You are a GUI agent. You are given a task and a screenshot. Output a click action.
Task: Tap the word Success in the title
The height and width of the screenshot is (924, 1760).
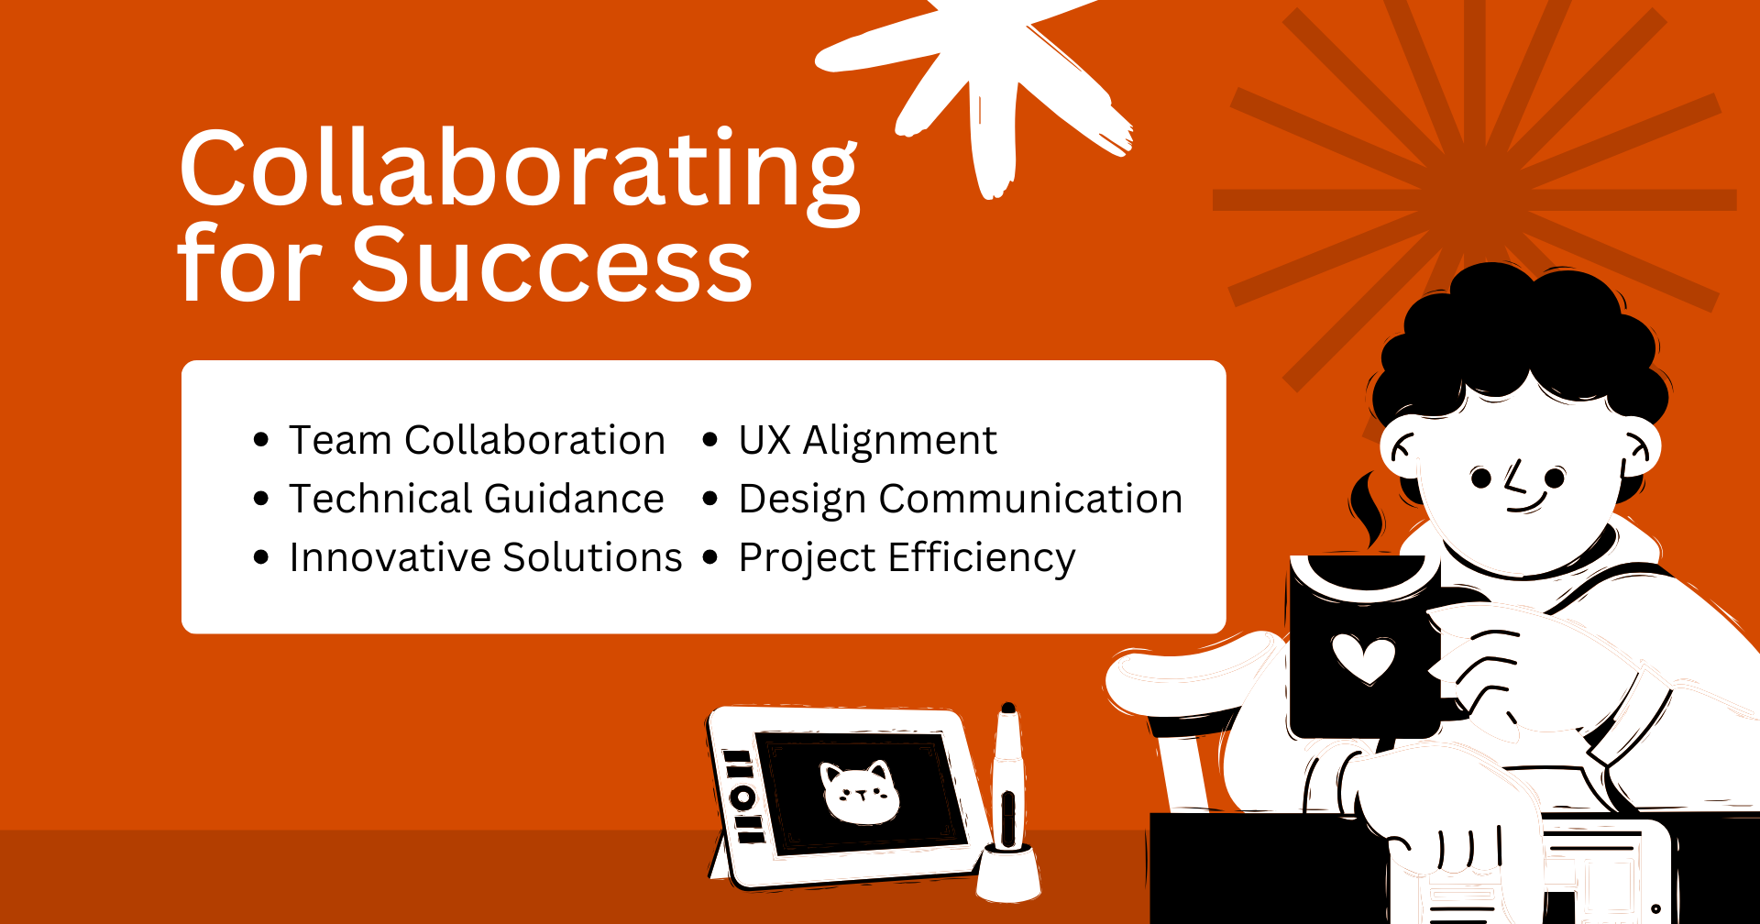tap(552, 265)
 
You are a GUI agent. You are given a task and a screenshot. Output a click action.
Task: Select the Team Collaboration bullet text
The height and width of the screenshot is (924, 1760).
tap(477, 440)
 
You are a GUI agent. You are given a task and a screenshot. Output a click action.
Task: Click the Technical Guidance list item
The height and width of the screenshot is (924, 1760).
tap(477, 499)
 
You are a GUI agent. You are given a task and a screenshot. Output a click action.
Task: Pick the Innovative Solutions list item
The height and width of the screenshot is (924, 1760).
tap(486, 557)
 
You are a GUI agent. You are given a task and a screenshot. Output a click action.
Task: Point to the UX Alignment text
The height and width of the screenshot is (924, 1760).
tap(867, 441)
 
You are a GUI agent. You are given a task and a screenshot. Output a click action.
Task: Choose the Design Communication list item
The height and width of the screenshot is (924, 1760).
tap(961, 500)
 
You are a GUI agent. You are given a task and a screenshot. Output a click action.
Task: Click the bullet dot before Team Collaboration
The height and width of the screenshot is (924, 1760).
tap(261, 440)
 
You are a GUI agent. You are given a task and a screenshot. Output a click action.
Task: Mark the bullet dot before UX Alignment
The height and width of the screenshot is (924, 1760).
tap(710, 440)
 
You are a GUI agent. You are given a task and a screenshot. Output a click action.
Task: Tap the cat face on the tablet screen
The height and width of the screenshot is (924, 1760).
tap(860, 792)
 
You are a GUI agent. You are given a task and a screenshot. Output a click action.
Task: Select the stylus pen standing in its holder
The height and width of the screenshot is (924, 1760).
tap(1007, 779)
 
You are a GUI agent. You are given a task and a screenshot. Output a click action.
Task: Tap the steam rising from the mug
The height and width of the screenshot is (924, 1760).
tap(1366, 510)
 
